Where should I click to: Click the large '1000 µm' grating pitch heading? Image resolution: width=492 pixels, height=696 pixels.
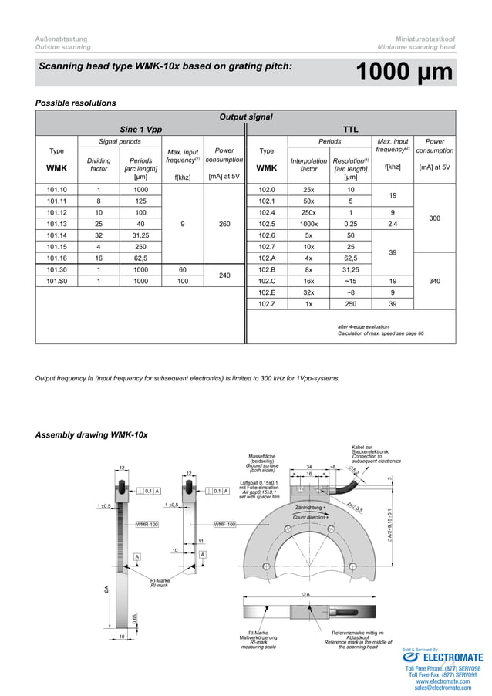pos(403,73)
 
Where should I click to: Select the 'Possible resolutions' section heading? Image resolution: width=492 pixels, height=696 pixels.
pos(76,103)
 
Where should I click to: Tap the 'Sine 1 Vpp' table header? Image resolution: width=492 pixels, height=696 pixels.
pos(140,130)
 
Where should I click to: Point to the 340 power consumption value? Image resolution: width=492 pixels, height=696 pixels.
pos(435,282)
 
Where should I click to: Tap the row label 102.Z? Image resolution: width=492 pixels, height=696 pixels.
pos(267,305)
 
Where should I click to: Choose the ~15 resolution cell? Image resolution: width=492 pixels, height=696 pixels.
pos(350,282)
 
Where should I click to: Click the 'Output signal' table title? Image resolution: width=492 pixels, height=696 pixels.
pos(246,117)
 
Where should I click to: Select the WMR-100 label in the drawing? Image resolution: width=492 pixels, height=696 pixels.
pos(147,525)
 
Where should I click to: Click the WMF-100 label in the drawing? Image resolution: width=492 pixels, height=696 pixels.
pos(224,525)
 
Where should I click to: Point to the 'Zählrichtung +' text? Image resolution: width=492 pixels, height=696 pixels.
pos(311,508)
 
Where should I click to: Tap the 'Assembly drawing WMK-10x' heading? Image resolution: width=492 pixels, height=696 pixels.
pos(92,435)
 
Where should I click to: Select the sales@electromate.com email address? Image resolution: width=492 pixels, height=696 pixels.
pos(443,688)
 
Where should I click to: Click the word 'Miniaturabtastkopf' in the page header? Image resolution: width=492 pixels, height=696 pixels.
pos(425,39)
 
